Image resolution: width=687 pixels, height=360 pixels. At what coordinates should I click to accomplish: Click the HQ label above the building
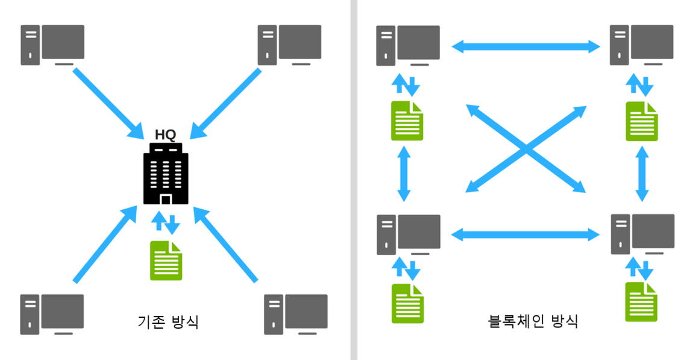tap(165, 134)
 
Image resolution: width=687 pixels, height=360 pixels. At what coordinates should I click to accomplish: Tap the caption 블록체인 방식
tap(532, 321)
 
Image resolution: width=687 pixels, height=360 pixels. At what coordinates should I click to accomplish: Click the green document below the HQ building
tap(166, 261)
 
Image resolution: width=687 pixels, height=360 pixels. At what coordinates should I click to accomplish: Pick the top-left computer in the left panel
tap(52, 45)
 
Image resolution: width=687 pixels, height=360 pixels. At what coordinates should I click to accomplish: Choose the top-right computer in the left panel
tap(289, 45)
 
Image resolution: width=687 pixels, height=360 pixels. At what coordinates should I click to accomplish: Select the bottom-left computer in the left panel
tap(52, 314)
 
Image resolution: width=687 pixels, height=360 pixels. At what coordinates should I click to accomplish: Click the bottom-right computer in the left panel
tap(296, 314)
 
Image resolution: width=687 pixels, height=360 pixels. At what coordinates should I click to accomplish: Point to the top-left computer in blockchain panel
tap(408, 45)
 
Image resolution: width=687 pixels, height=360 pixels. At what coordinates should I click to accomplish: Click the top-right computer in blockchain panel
tap(642, 45)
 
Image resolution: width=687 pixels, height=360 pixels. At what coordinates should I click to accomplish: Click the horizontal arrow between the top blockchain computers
tap(525, 45)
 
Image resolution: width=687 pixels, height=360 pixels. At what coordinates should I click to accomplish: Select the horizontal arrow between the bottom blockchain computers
tap(525, 235)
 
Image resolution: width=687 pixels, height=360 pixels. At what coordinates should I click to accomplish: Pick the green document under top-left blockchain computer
tap(407, 121)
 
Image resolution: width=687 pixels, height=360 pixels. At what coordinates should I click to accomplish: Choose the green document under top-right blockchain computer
tap(642, 121)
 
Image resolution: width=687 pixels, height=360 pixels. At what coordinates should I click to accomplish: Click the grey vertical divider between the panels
tap(354, 180)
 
